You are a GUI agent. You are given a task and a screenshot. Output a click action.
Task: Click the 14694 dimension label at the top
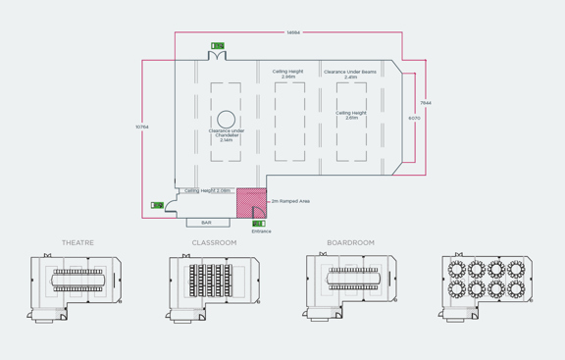(x=293, y=32)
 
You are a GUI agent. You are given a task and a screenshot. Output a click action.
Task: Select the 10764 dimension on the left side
(x=142, y=127)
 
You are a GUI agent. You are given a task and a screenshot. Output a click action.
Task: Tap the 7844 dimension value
(x=426, y=102)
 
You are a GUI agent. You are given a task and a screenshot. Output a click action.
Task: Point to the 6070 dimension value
(x=414, y=118)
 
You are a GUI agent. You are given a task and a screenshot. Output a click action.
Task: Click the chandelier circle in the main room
(x=226, y=119)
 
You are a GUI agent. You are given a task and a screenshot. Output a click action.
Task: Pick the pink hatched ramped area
(x=251, y=201)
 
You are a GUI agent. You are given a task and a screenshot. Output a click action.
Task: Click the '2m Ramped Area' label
(x=290, y=201)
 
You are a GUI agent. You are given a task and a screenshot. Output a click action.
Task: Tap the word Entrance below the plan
(x=261, y=231)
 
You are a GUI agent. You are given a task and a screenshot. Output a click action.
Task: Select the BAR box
(x=206, y=223)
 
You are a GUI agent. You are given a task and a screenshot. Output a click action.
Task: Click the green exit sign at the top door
(x=218, y=45)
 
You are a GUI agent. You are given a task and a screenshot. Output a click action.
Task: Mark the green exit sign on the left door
(x=157, y=205)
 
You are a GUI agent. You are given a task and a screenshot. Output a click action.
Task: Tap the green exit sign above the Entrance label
(x=259, y=224)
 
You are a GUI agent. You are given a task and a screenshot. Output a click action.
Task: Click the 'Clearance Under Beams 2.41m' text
(x=350, y=74)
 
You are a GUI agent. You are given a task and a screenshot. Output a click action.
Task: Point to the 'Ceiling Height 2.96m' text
(x=288, y=74)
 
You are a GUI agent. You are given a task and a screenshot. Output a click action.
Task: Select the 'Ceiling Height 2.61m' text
(x=351, y=115)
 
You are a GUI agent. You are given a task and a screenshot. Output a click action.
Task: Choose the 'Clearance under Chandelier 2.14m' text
(x=227, y=135)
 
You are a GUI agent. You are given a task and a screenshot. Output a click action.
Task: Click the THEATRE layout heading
(x=77, y=242)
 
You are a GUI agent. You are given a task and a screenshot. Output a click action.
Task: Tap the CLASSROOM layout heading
(x=214, y=242)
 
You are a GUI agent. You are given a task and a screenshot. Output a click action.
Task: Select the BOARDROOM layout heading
(x=351, y=242)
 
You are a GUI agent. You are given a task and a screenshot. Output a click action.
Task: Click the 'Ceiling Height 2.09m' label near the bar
(x=207, y=190)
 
